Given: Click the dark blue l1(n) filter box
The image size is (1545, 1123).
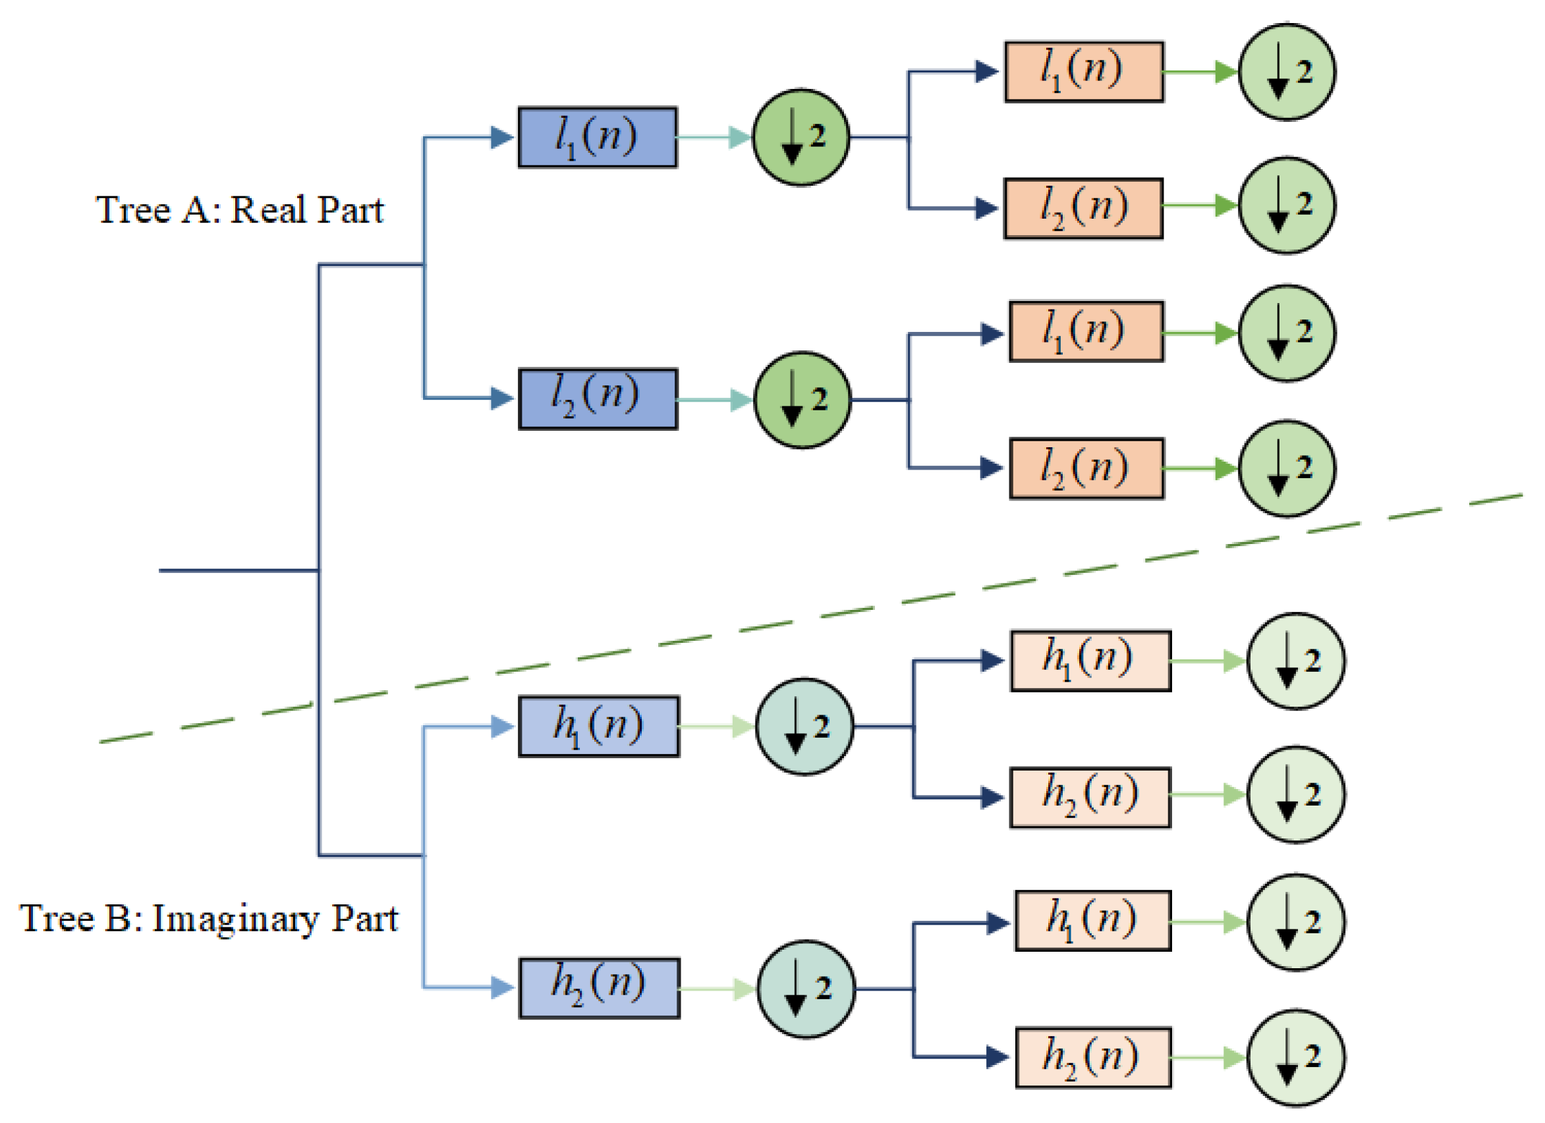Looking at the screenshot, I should click(597, 137).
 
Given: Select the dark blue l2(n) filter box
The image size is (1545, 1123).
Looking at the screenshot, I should click(598, 399).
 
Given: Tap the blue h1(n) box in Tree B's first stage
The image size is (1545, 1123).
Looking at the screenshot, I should click(598, 726).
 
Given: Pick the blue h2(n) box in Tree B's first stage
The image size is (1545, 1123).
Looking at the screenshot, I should click(599, 988).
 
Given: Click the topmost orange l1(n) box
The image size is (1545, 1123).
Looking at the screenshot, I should click(1083, 72).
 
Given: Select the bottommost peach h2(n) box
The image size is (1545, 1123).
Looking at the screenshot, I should click(1092, 1058).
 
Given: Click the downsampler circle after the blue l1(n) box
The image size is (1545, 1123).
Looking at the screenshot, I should click(801, 137).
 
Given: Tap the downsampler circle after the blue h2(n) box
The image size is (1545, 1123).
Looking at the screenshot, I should click(805, 989).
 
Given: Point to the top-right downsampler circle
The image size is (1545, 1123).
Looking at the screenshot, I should click(1285, 72).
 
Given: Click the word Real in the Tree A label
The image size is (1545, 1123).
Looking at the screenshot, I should click(268, 209).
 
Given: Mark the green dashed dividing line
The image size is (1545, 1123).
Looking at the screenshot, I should click(818, 617).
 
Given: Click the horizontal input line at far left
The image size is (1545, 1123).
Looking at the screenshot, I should click(239, 570).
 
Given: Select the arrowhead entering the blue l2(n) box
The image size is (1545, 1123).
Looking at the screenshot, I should click(501, 398).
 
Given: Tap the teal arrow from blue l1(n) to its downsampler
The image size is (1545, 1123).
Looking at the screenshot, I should click(712, 137).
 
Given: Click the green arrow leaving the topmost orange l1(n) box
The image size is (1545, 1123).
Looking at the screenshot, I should click(1199, 72).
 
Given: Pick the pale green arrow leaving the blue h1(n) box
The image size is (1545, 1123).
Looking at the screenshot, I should click(716, 726).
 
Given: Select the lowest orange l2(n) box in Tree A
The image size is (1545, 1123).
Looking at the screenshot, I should click(1086, 468).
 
